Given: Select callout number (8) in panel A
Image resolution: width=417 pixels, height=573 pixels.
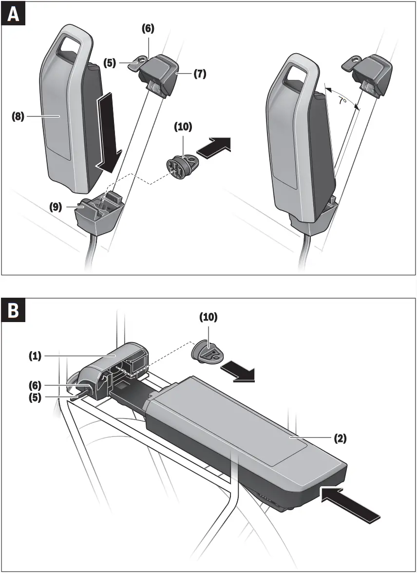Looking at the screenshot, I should tap(18, 116).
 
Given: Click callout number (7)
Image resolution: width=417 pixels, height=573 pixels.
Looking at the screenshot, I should tap(200, 75).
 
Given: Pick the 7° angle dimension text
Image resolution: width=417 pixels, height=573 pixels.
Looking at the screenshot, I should tap(342, 101).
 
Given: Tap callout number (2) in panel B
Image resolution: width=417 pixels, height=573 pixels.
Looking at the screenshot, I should tap(340, 438).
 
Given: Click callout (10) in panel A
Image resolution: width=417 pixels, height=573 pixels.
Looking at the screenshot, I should tap(183, 127).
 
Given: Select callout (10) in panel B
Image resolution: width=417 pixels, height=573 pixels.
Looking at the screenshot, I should tap(208, 317).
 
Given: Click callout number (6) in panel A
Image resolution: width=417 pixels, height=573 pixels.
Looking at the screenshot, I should tap(148, 29).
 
